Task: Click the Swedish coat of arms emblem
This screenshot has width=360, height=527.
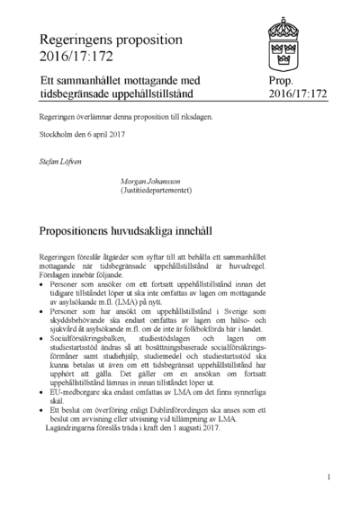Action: [298, 43]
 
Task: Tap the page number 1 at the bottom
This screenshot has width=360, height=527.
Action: [329, 478]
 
